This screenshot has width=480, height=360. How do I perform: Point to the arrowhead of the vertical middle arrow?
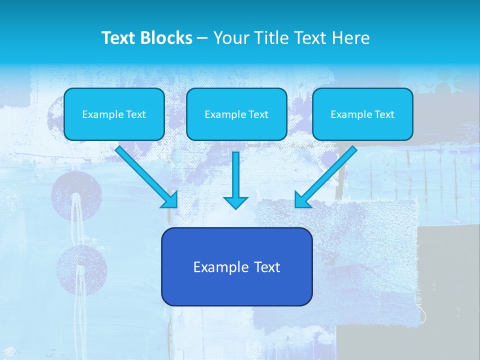[235, 202]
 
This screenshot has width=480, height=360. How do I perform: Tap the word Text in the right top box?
[384, 114]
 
